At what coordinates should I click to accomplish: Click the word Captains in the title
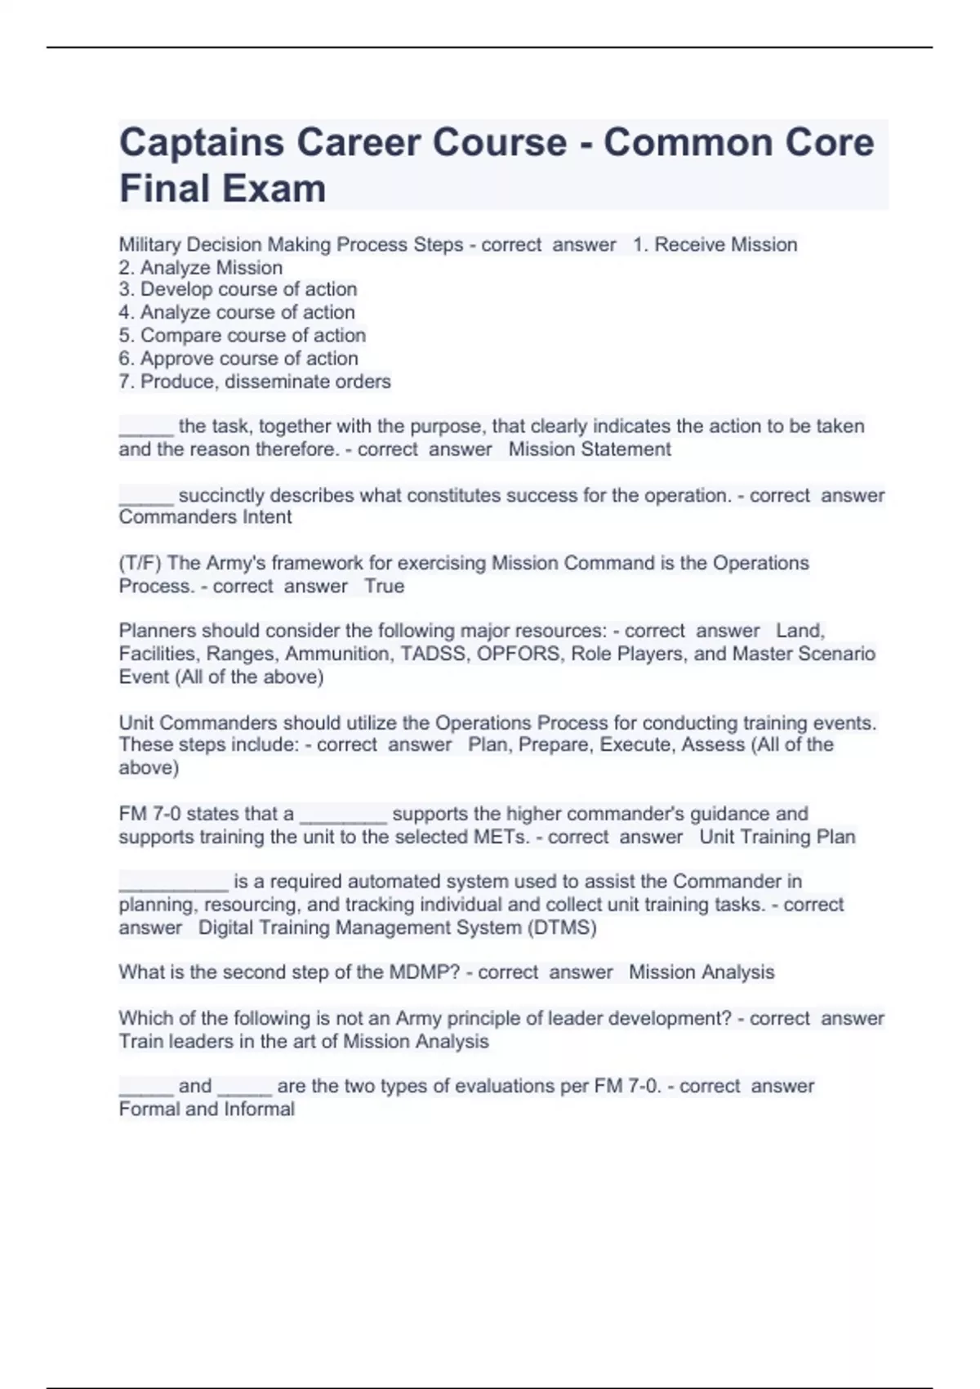click(x=201, y=143)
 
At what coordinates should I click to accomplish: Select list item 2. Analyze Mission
click(x=201, y=267)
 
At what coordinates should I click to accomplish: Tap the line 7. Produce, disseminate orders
click(x=255, y=382)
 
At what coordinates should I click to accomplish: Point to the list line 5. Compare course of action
click(x=243, y=335)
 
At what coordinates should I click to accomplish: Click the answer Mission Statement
click(x=590, y=449)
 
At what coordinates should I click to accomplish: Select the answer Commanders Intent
click(x=205, y=517)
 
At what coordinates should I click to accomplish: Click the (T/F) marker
click(x=140, y=563)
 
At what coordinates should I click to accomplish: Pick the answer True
click(x=385, y=586)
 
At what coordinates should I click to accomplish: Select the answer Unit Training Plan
click(x=777, y=837)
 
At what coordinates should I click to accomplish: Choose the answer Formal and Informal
click(x=207, y=1110)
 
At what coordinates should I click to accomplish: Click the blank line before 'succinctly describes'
click(x=146, y=497)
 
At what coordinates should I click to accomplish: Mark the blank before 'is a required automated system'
click(x=173, y=882)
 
